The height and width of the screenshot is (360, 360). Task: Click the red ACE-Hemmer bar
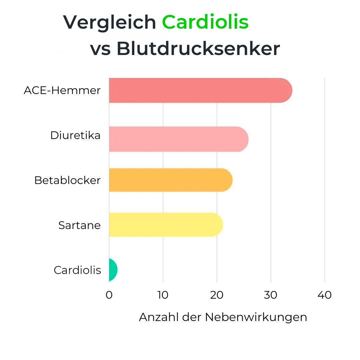click(200, 90)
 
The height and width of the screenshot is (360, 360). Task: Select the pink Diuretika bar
click(178, 139)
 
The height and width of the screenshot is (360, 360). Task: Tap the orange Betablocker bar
click(170, 180)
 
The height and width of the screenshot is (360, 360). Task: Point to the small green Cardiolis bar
click(113, 269)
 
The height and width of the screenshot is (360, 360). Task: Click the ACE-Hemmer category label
click(62, 90)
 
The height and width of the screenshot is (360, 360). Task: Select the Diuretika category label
click(75, 135)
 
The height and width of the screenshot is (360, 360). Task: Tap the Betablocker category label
click(67, 180)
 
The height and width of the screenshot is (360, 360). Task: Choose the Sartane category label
click(79, 225)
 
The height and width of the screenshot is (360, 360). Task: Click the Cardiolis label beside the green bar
click(77, 270)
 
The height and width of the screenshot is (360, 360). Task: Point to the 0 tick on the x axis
click(109, 295)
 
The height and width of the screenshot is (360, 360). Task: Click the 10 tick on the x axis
click(163, 295)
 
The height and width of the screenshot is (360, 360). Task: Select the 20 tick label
click(217, 295)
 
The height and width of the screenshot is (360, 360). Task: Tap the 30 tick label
click(271, 295)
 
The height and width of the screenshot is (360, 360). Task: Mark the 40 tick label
click(325, 295)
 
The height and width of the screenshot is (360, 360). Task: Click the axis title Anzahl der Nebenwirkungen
click(223, 317)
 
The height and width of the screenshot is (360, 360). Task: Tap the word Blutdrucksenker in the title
click(198, 49)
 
